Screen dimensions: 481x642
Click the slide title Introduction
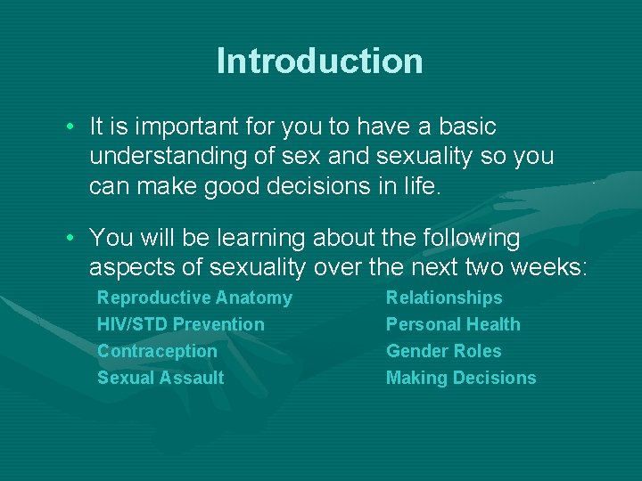[x=319, y=61]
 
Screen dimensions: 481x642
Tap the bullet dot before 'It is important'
[x=70, y=127]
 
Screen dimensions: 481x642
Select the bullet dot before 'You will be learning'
[x=70, y=238]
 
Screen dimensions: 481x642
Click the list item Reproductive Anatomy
[x=194, y=298]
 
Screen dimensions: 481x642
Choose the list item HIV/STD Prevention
[x=180, y=324]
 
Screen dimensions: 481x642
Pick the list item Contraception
[x=157, y=351]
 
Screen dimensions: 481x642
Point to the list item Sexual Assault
[x=160, y=378]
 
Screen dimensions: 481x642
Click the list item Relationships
[x=444, y=298]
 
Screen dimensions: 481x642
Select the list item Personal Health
[x=453, y=324]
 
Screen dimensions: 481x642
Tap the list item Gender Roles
[x=443, y=351]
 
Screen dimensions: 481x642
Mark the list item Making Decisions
[x=461, y=378]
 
